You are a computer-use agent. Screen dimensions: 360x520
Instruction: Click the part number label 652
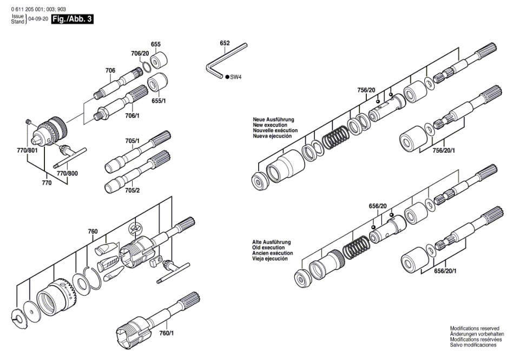pyautogui.click(x=225, y=43)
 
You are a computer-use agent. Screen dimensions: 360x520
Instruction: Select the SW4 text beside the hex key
pyautogui.click(x=235, y=77)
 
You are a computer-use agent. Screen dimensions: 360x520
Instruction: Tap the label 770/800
pyautogui.click(x=68, y=173)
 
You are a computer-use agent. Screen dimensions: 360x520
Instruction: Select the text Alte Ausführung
pyautogui.click(x=272, y=241)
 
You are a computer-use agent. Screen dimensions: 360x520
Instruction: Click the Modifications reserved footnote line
pyautogui.click(x=475, y=329)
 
